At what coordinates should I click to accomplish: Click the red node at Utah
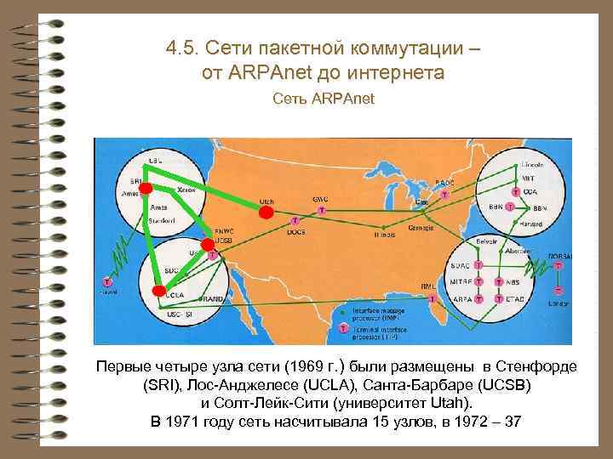pos(266,212)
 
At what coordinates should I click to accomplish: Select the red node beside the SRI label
pos(146,187)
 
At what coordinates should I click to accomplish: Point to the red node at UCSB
pos(206,245)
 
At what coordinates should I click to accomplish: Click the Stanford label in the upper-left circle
pos(162,221)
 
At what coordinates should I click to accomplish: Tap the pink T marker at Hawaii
pos(107,280)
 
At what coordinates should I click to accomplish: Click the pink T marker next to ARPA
pos(479,300)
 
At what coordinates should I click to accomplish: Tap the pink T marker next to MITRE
pos(479,281)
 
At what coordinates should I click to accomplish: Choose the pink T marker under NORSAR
pos(558,265)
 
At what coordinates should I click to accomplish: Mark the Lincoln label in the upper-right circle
pos(531,158)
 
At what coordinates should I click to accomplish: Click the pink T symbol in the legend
pos(343,326)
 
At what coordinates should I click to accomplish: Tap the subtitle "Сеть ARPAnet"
pos(323,100)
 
